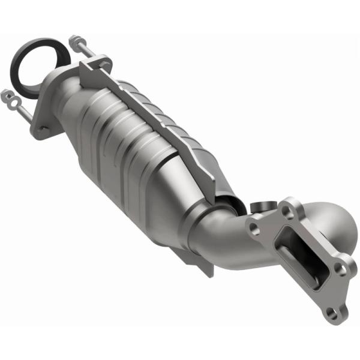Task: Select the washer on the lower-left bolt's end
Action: click(x=7, y=94)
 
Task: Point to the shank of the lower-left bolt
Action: click(x=21, y=106)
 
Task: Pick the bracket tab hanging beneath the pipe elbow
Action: click(x=201, y=267)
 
